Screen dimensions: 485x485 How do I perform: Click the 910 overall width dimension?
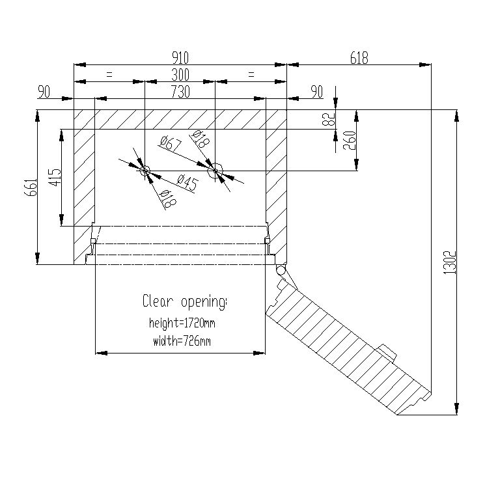point(181,57)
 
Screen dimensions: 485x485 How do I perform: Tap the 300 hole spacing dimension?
point(180,75)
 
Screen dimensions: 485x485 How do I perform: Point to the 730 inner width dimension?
point(180,92)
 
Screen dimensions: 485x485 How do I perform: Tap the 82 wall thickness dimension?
point(329,118)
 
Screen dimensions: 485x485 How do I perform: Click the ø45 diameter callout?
point(187,184)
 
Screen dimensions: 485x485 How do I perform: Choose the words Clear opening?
point(185,301)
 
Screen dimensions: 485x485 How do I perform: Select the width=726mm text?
point(182,340)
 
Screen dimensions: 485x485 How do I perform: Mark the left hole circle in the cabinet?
point(145,171)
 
